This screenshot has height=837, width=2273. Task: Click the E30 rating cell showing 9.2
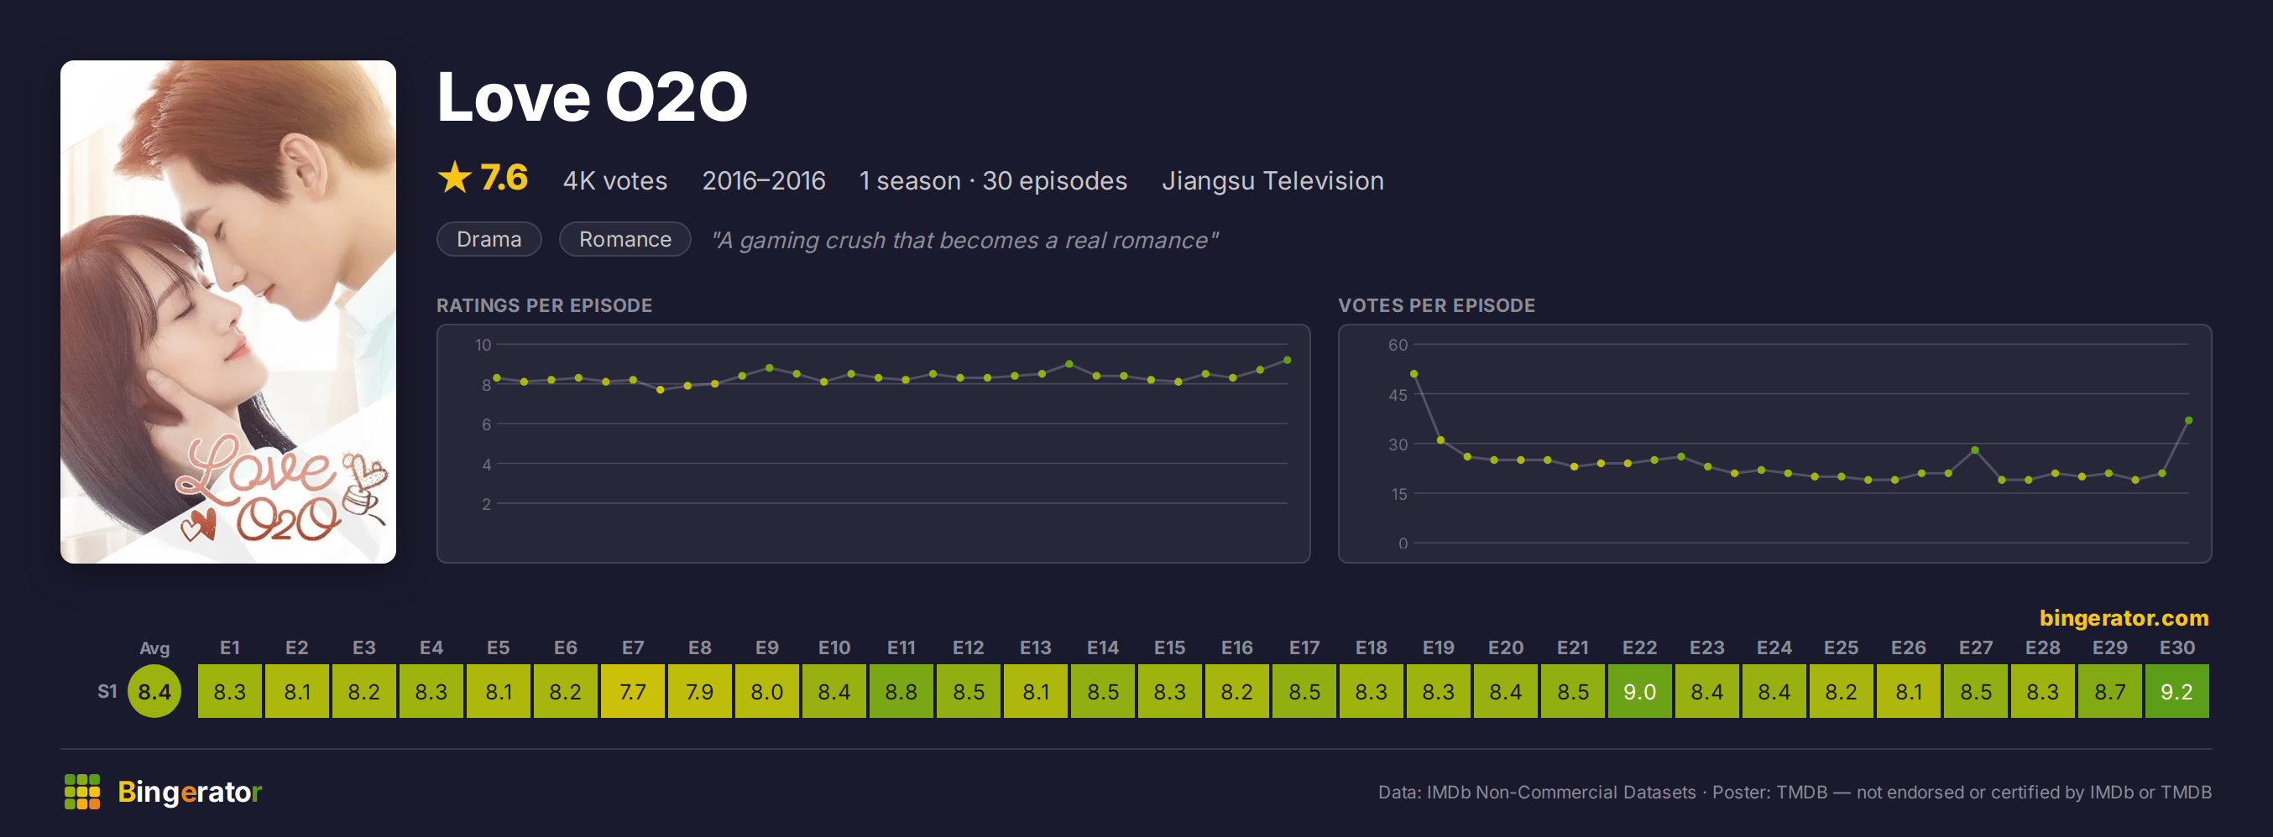point(2176,691)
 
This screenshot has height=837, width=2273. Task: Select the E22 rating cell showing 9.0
point(1639,691)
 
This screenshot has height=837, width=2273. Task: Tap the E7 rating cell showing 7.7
point(633,691)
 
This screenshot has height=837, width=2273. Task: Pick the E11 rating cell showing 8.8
point(901,691)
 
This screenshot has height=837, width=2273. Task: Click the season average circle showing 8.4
point(154,691)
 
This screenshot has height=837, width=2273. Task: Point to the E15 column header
point(1169,647)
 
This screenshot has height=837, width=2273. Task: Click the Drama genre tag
point(489,239)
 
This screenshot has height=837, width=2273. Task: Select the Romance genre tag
point(624,239)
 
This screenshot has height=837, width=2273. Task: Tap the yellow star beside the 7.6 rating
point(454,177)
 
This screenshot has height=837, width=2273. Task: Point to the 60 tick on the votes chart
point(1398,345)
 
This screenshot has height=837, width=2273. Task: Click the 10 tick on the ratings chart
point(483,345)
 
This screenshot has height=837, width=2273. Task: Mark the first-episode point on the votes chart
point(1413,374)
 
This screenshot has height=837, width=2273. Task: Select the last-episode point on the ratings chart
point(1288,360)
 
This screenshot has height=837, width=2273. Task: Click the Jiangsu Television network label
point(1272,181)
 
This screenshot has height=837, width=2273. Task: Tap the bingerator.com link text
point(2124,617)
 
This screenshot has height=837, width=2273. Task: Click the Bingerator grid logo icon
point(82,791)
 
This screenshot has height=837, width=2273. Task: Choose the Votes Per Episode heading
point(1436,305)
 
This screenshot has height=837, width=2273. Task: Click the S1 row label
point(107,691)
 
